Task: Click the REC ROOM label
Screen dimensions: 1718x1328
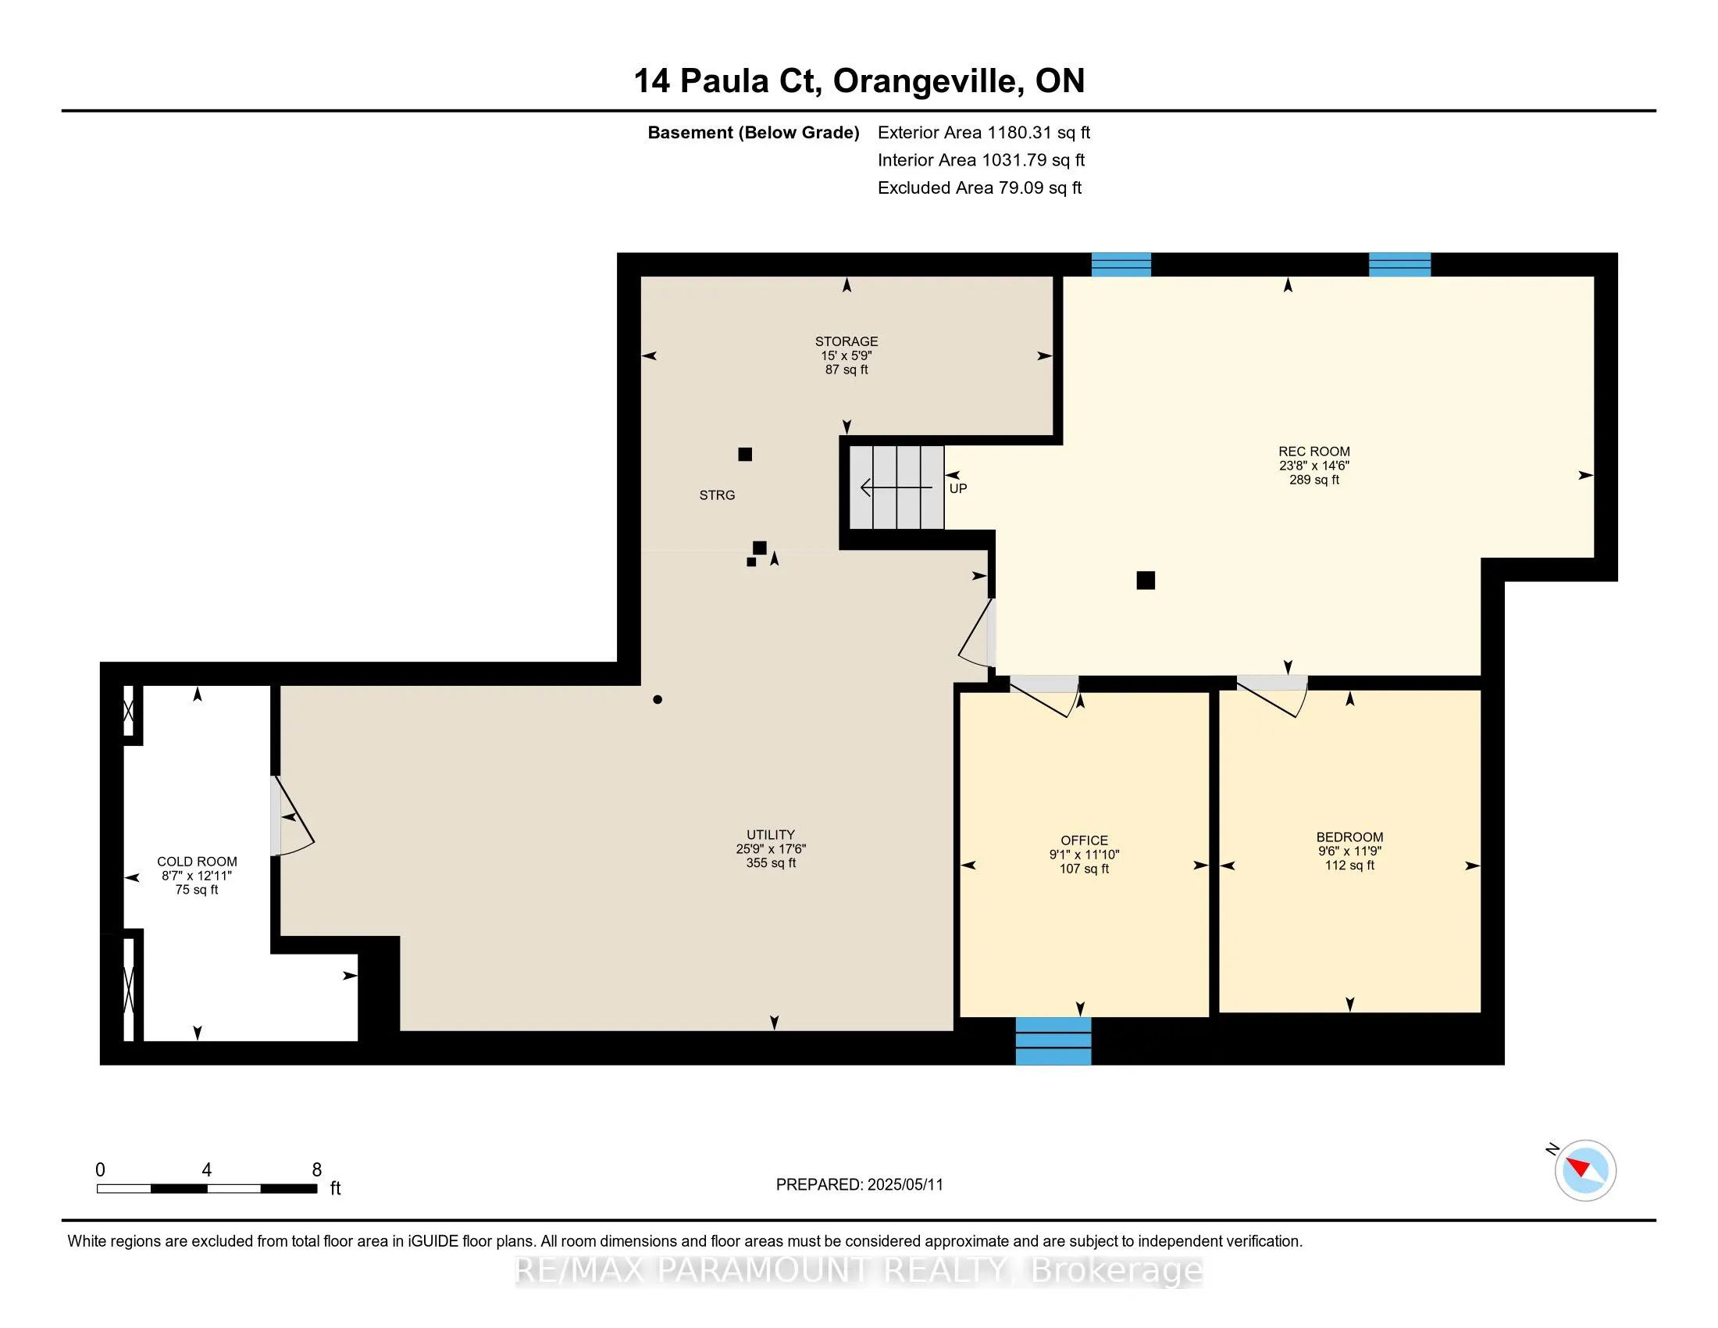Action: [x=1313, y=452]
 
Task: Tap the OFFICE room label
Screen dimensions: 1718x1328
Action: [x=1084, y=841]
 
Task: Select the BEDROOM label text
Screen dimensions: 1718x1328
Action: [x=1350, y=837]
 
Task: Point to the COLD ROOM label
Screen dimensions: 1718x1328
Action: [x=197, y=862]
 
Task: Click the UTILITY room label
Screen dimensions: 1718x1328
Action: [x=771, y=835]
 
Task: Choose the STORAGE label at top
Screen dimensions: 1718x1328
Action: [x=847, y=341]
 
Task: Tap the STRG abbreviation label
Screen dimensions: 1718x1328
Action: [x=718, y=494]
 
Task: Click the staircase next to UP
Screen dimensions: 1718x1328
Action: [x=896, y=487]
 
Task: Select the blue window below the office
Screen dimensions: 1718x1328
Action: [x=1053, y=1041]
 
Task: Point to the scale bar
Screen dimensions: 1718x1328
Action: [x=207, y=1188]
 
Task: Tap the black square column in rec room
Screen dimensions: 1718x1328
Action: [x=1146, y=580]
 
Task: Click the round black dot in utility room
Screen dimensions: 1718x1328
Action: [x=658, y=699]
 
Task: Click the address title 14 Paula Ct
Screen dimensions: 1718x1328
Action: [x=728, y=81]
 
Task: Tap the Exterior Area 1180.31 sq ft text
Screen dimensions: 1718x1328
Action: [x=984, y=133]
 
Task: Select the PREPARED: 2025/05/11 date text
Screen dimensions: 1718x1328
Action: [x=859, y=1185]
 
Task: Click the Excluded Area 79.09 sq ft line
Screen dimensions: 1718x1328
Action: [x=979, y=188]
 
